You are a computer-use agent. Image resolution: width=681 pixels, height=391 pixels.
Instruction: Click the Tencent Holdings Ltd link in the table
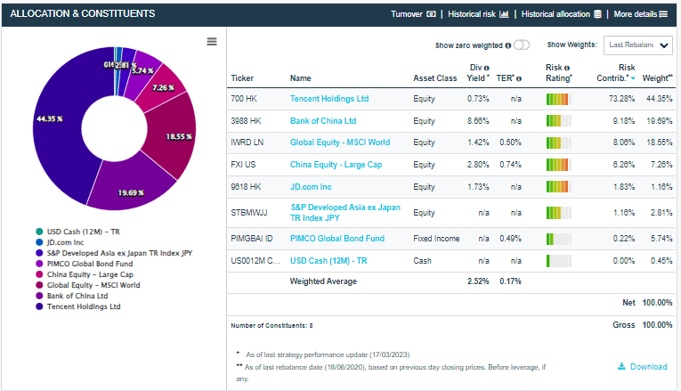tap(328, 98)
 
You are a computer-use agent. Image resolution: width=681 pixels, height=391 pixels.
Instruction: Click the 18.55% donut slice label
tap(178, 137)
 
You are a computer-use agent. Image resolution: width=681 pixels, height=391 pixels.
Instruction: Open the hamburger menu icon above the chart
tap(211, 42)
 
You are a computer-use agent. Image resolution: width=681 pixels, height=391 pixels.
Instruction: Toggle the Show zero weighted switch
tap(522, 45)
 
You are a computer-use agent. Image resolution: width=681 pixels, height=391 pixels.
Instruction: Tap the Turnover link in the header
tap(411, 14)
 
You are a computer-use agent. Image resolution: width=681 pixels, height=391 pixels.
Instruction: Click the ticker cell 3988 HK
tap(246, 120)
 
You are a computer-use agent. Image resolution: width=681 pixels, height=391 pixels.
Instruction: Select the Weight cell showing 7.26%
tap(658, 165)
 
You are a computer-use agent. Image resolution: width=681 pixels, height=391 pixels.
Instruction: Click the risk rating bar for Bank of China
tap(558, 120)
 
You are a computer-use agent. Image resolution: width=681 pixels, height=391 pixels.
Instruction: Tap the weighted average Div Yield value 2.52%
tap(478, 281)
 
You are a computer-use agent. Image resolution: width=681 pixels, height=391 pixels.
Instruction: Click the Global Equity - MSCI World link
tap(340, 143)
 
